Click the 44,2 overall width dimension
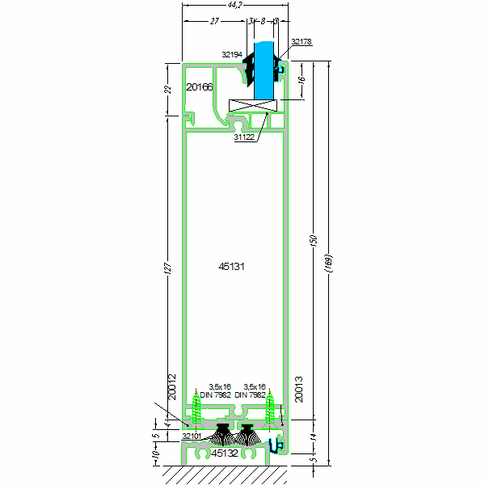(x=234, y=6)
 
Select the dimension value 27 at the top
(x=214, y=22)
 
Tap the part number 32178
(x=301, y=41)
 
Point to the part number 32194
(x=232, y=55)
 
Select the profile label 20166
(x=199, y=86)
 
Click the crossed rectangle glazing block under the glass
(x=253, y=105)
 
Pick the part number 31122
(x=244, y=138)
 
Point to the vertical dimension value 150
(x=314, y=242)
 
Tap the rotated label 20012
(x=172, y=387)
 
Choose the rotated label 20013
(x=298, y=389)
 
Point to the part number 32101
(x=192, y=436)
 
